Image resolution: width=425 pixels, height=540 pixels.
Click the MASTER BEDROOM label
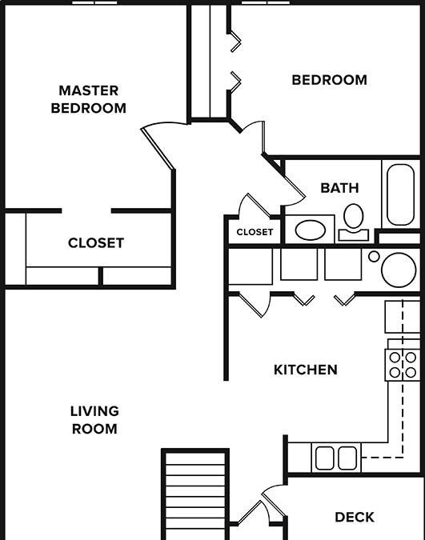coord(88,99)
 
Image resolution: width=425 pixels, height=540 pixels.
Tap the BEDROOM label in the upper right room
coord(329,80)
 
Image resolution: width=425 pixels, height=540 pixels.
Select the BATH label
coord(339,188)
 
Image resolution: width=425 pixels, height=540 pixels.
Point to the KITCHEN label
coord(306,370)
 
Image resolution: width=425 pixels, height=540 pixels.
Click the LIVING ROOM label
coord(94,420)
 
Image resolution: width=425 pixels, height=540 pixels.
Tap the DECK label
coord(355,518)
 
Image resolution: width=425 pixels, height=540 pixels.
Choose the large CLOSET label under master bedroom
coord(96,242)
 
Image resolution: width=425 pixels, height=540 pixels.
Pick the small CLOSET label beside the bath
coord(255,232)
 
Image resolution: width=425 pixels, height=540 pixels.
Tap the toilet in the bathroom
coord(353,219)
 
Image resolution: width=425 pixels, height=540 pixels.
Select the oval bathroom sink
coord(309,230)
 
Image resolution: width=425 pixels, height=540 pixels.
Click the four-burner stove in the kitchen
coord(402,365)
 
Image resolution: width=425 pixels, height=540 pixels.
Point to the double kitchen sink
coord(335,458)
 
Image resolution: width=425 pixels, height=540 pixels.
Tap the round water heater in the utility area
coord(398,270)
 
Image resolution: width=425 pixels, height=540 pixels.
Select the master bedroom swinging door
coord(158,144)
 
